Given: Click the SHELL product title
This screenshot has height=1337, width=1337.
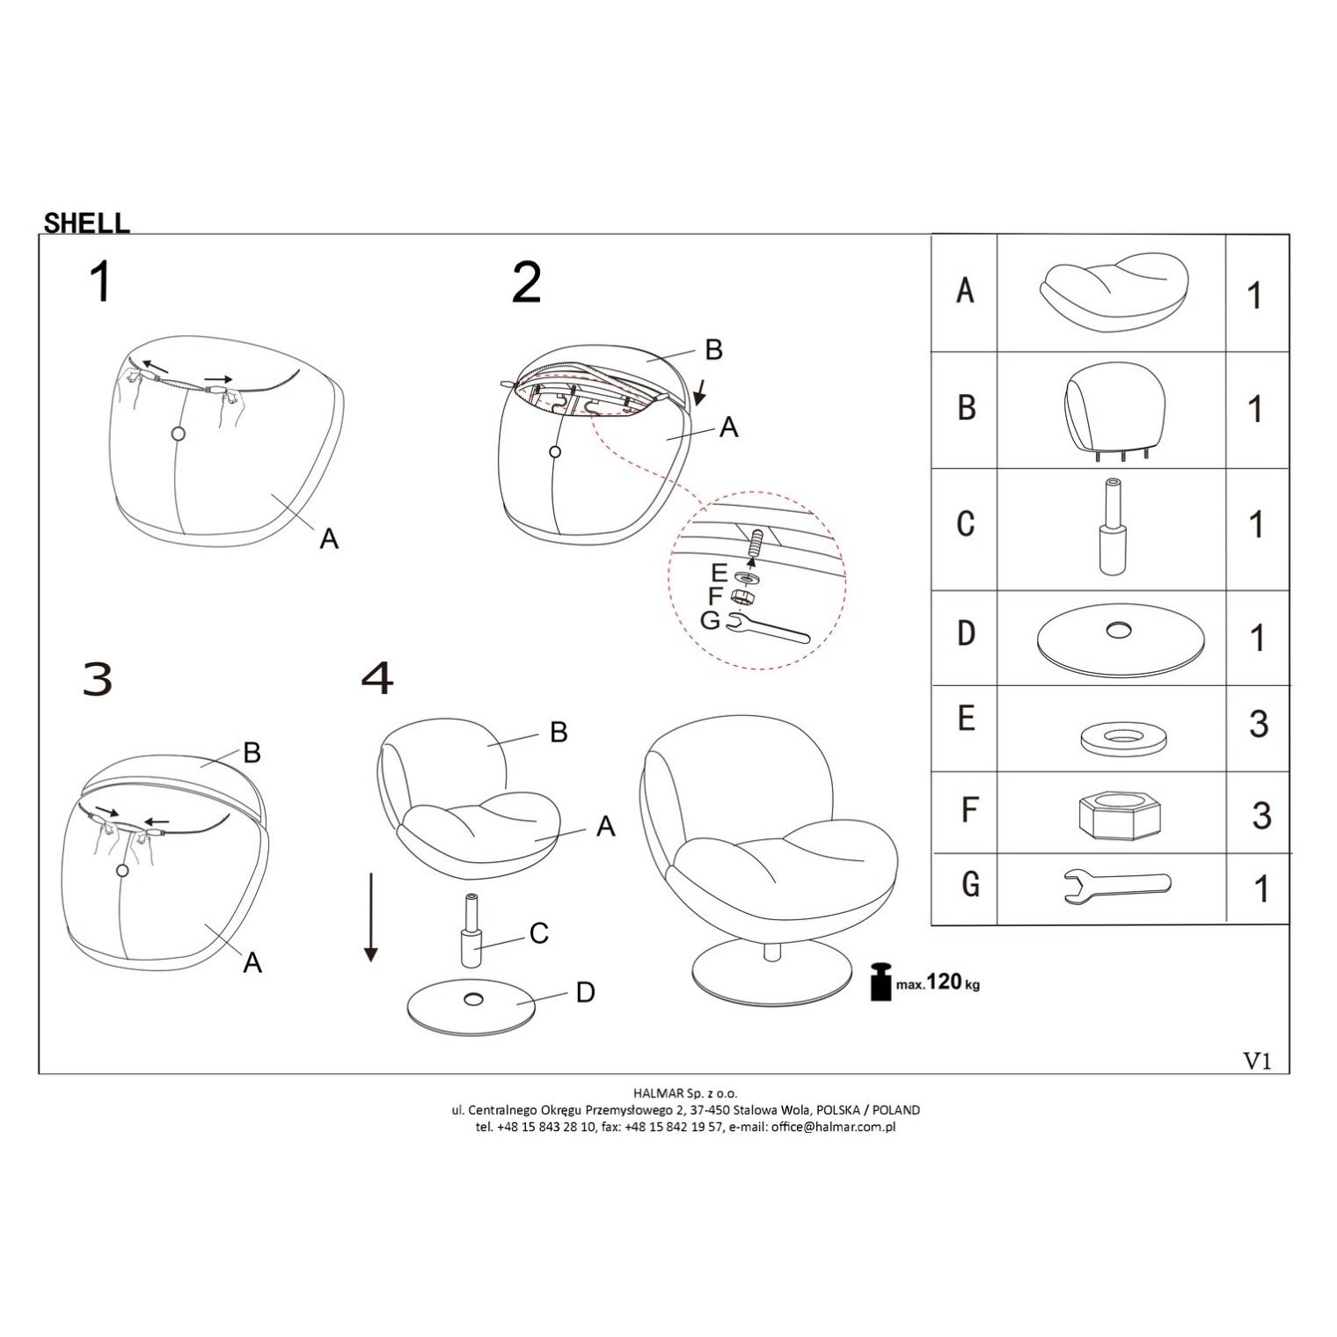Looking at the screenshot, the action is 86,223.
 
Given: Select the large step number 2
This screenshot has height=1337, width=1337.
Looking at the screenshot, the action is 527,282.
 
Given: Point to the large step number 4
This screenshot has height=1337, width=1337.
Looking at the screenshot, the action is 377,678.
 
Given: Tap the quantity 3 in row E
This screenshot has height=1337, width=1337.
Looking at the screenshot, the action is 1259,725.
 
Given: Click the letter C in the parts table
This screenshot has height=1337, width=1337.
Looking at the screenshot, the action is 965,523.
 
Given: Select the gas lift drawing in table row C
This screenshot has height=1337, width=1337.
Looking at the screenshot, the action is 1113,525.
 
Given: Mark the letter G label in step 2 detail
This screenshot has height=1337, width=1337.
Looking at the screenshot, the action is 711,620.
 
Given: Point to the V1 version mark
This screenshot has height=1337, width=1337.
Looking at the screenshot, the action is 1257,1061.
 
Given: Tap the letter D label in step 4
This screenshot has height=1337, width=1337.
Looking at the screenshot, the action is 585,993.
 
